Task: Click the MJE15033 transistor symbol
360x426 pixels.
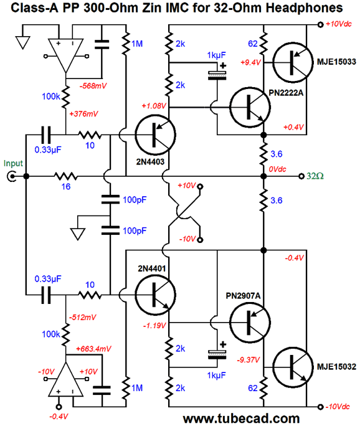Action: (293, 62)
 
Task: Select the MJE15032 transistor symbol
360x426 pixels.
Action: (293, 367)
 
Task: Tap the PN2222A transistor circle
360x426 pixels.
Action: (250, 107)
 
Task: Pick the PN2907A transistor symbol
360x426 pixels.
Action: (250, 323)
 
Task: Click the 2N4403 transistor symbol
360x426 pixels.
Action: (156, 135)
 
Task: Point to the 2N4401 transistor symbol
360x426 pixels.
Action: (156, 295)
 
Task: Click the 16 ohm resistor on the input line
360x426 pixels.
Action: (66, 177)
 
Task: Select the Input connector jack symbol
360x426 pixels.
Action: (11, 177)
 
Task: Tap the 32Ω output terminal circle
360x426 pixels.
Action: (301, 176)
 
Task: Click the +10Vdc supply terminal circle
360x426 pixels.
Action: (320, 25)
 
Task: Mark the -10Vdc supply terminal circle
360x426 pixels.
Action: (320, 407)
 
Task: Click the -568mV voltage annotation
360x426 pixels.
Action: (93, 86)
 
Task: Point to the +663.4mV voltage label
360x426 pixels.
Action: (93, 349)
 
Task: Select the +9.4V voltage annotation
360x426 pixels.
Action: (250, 62)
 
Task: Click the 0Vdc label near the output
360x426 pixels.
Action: (277, 169)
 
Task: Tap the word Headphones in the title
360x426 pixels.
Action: (305, 8)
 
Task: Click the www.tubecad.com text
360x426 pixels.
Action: (241, 419)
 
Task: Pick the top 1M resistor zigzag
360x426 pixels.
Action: (126, 44)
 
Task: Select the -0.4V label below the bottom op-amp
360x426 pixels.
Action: (59, 417)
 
